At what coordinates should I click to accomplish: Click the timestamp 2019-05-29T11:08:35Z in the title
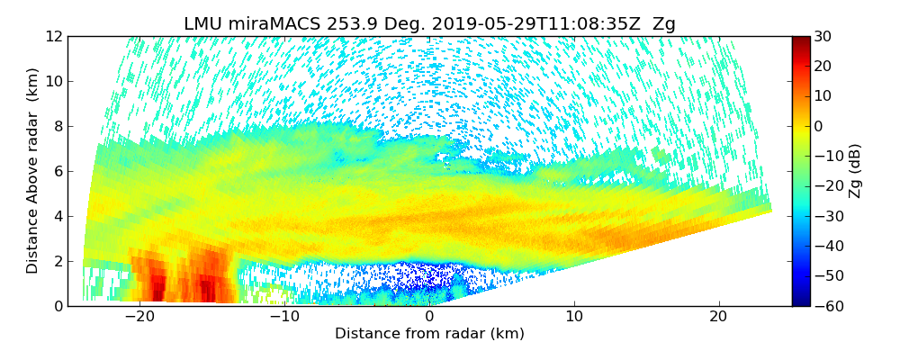tap(526, 24)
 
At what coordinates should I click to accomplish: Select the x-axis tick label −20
tap(139, 317)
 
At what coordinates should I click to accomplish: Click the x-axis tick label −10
tap(284, 317)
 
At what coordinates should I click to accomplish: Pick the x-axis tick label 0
tap(429, 317)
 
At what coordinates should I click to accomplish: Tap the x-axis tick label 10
tap(574, 317)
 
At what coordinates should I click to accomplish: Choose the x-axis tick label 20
tap(718, 317)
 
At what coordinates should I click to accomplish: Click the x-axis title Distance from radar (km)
tap(429, 334)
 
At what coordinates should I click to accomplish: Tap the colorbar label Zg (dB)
tap(855, 171)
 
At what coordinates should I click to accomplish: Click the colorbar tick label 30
tap(822, 37)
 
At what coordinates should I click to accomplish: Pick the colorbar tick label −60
tap(824, 306)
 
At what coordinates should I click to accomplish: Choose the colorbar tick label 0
tap(818, 127)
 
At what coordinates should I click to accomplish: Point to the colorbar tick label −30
tap(824, 217)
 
